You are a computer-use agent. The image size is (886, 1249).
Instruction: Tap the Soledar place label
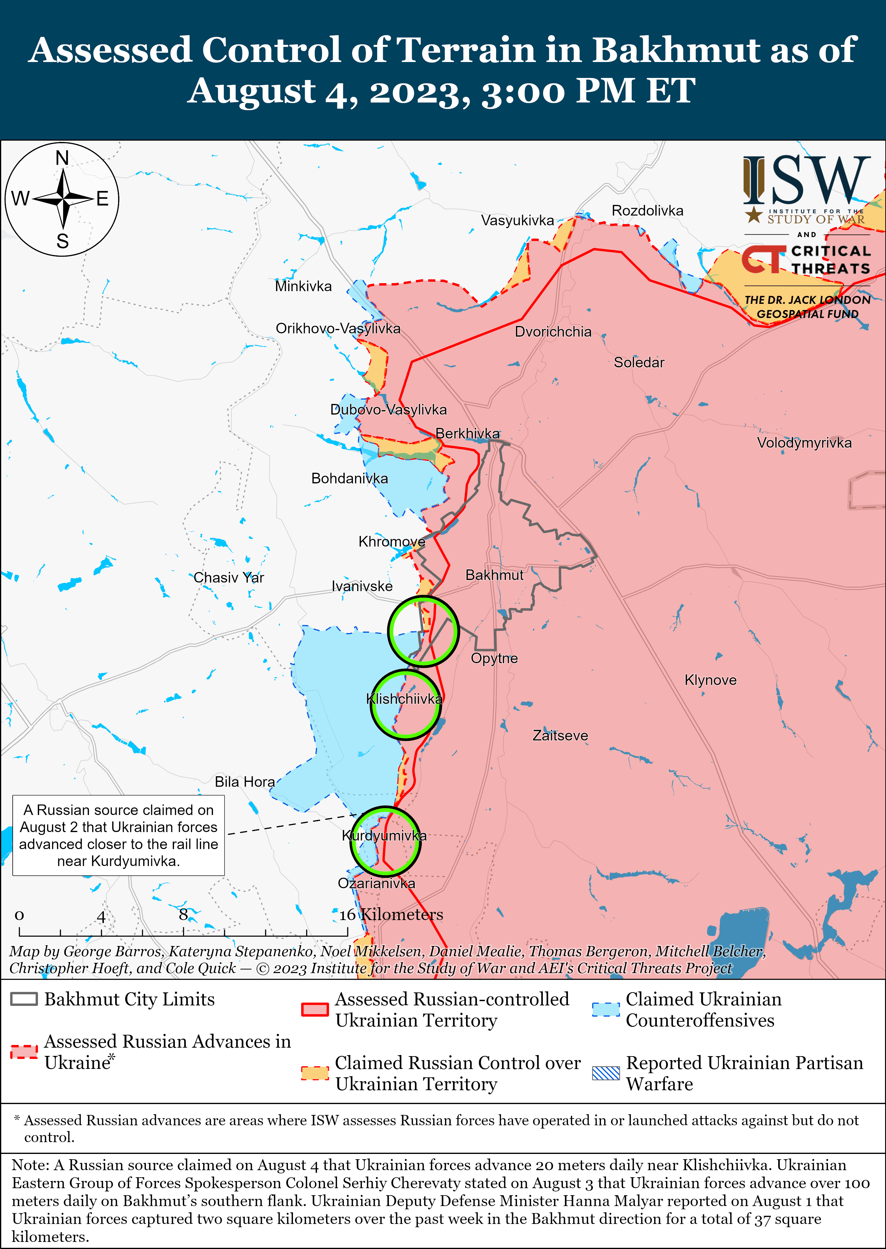(639, 362)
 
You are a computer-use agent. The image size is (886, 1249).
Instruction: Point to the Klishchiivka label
(404, 699)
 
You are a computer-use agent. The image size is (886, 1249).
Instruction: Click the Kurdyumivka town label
(384, 836)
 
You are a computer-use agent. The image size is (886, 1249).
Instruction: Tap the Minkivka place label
(303, 286)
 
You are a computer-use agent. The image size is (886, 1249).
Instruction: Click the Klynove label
(710, 680)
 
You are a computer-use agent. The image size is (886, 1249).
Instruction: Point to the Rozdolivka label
(647, 211)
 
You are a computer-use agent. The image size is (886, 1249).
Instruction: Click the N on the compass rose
(62, 158)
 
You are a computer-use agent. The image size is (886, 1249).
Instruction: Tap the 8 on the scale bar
(183, 914)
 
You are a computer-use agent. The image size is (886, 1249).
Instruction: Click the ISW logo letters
(806, 180)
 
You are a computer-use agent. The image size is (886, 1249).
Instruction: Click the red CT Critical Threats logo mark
(763, 259)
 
